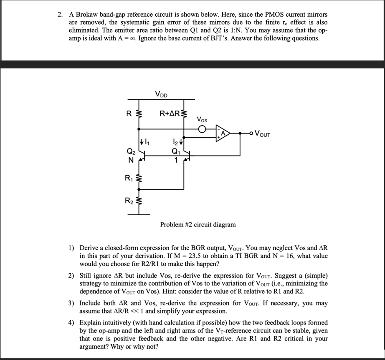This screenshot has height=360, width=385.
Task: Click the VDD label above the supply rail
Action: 162,94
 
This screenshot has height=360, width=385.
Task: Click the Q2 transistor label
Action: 132,152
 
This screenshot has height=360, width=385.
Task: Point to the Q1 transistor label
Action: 176,152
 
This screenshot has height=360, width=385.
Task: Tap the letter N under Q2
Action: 131,160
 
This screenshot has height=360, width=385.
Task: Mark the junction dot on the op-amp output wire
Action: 241,133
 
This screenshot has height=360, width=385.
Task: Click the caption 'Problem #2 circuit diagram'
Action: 198,224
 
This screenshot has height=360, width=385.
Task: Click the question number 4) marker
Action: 71,322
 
